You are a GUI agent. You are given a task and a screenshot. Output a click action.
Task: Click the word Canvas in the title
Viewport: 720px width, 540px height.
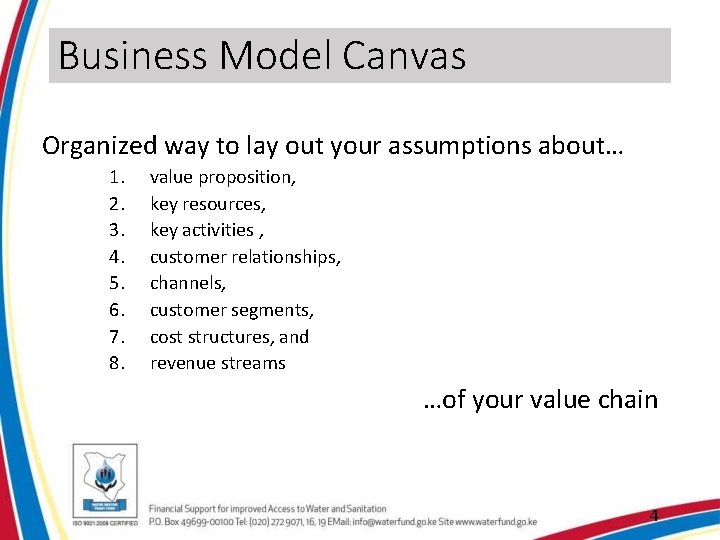tap(404, 56)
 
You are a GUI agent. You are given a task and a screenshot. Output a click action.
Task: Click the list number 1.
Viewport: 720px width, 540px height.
tap(117, 178)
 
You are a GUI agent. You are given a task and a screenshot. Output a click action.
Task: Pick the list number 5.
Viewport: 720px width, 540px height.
tap(117, 284)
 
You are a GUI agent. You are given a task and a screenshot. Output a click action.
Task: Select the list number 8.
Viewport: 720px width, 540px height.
tap(117, 363)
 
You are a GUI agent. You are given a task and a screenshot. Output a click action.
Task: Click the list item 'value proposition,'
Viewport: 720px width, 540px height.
tap(222, 178)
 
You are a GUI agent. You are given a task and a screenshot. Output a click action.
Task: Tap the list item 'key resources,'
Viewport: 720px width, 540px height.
tap(207, 204)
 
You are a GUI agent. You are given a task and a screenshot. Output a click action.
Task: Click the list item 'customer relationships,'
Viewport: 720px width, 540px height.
tap(245, 257)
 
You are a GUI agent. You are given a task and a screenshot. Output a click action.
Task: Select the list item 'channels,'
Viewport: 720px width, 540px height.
tap(187, 284)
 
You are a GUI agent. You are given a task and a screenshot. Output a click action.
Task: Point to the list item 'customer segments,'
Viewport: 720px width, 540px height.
tap(231, 310)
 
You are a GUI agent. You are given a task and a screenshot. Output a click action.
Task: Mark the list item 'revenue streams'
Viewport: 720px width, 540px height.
tap(217, 363)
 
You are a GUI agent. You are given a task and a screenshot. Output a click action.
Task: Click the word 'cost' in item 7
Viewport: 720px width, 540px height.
tap(167, 337)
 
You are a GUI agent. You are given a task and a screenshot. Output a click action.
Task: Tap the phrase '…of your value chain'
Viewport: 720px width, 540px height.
tap(540, 400)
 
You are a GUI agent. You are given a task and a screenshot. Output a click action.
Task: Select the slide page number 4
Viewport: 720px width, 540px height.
tap(654, 516)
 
